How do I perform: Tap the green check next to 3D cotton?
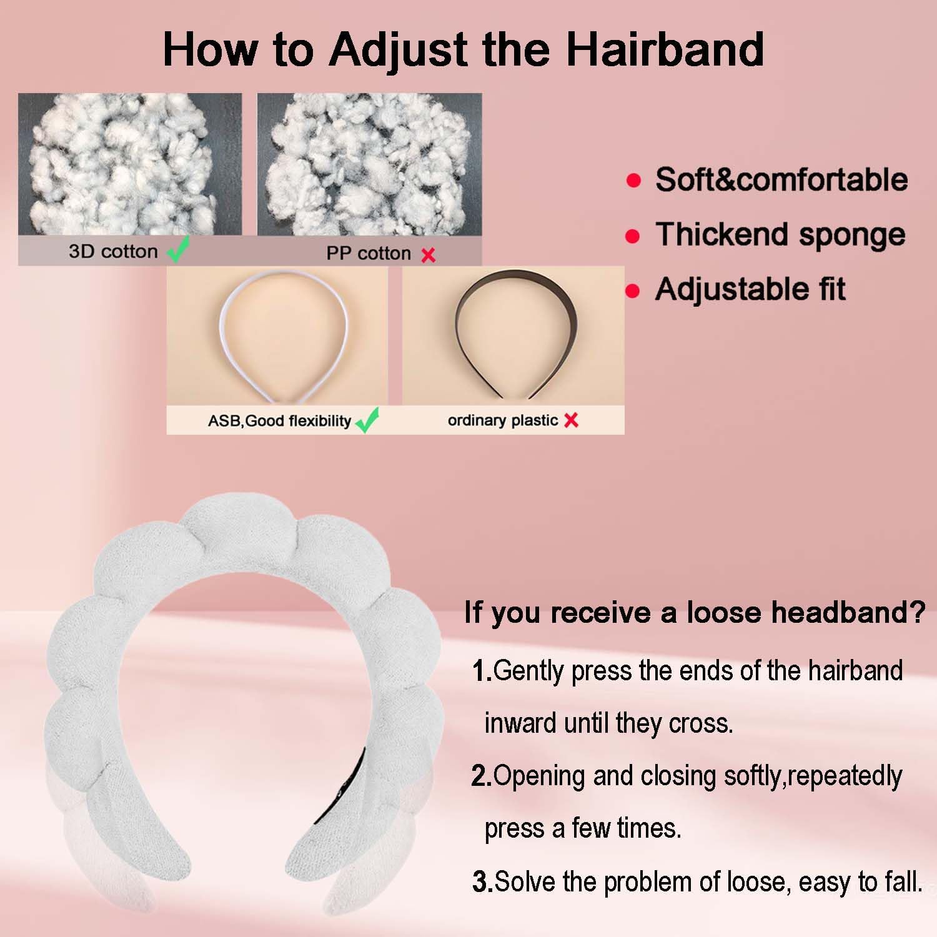pyautogui.click(x=179, y=250)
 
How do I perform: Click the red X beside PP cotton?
pyautogui.click(x=429, y=255)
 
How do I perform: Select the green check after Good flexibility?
pyautogui.click(x=367, y=420)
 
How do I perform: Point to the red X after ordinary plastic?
pyautogui.click(x=571, y=420)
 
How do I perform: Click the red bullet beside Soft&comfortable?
pyautogui.click(x=633, y=181)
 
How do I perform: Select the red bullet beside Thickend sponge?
pyautogui.click(x=633, y=236)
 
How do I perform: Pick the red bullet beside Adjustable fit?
pyautogui.click(x=633, y=291)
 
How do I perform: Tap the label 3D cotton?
pyautogui.click(x=113, y=251)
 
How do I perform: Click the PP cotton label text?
pyautogui.click(x=369, y=253)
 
